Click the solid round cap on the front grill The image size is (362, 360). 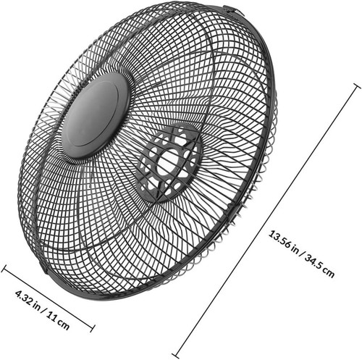coord(96,115)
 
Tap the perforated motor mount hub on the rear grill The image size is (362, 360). coord(169,162)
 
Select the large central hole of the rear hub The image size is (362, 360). coord(168,162)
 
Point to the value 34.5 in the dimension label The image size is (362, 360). coord(313,263)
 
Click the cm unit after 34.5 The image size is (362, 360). coord(329,273)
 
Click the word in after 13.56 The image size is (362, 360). coord(295,249)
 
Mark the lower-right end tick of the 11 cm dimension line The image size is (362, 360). coord(92,328)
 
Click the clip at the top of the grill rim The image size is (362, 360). coord(231,10)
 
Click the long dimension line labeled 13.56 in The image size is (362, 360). coord(266,221)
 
